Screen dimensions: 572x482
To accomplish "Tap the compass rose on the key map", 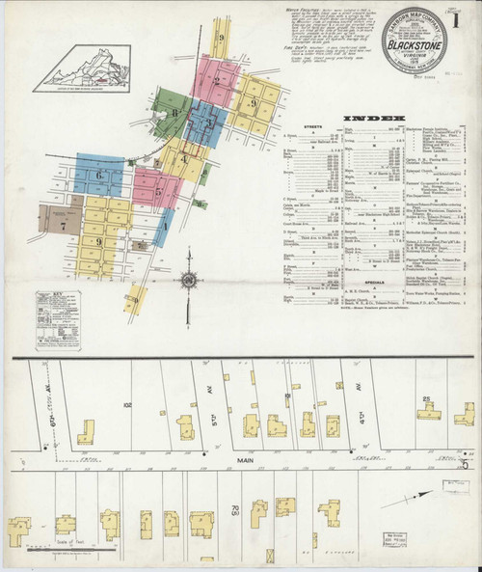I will click(190, 281).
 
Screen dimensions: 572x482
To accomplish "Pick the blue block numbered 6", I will click(98, 174).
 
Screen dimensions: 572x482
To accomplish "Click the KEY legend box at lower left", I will click(58, 314).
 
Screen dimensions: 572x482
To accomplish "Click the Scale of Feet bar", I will click(58, 552).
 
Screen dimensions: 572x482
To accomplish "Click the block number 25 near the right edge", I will click(425, 397).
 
